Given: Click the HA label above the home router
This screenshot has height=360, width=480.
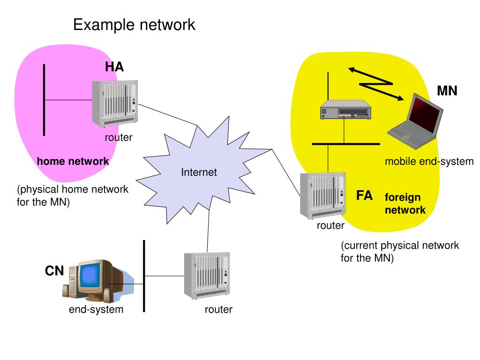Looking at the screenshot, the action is click(x=114, y=67).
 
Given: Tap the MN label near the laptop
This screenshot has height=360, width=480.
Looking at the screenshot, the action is click(x=447, y=90).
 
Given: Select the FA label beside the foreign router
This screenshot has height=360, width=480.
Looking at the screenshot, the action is click(x=364, y=195).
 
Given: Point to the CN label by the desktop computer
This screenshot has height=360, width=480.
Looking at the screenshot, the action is click(x=54, y=270).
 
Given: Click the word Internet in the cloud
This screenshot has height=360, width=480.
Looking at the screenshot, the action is click(x=199, y=172).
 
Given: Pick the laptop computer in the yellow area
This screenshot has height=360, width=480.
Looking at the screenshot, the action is click(x=415, y=121).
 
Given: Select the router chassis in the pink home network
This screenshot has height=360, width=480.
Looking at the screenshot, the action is click(x=115, y=104).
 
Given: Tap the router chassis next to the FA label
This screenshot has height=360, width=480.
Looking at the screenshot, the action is click(x=323, y=195).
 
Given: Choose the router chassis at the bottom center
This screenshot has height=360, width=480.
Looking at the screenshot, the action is click(x=207, y=276).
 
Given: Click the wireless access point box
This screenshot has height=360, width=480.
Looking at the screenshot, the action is click(x=345, y=110).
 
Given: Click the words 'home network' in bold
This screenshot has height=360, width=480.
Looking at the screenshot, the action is click(x=73, y=161).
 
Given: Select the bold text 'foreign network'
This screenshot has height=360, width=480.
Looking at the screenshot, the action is click(x=405, y=203).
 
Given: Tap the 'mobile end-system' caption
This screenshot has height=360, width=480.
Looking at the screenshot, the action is click(x=429, y=161).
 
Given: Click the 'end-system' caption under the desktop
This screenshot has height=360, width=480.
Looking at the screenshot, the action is click(x=96, y=309).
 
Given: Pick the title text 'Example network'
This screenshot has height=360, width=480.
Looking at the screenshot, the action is click(x=134, y=24).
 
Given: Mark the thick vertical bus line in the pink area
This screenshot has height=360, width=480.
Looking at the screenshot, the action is click(x=44, y=100).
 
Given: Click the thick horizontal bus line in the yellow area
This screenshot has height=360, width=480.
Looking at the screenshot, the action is click(x=346, y=143).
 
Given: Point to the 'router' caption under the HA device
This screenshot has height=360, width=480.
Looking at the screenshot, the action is click(x=119, y=137).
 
